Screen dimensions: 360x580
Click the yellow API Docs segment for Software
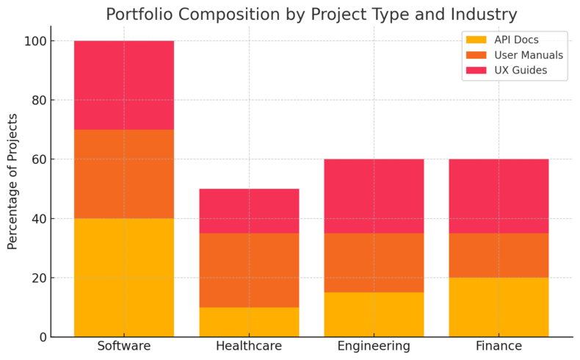124,277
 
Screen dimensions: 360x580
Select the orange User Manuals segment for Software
124,173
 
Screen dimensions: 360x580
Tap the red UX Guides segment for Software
124,84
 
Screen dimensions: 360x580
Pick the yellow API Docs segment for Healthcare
249,322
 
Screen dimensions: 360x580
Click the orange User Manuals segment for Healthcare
249,270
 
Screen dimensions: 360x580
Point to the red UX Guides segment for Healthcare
249,210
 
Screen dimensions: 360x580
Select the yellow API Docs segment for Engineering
374,314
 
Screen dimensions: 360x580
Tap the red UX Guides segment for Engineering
374,195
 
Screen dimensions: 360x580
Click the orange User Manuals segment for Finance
499,255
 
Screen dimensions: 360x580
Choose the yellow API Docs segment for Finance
499,307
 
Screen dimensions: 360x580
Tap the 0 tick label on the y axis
42,337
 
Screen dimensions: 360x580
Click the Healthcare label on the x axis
249,346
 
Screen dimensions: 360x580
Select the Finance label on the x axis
499,346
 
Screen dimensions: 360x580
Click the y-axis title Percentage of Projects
12,181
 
